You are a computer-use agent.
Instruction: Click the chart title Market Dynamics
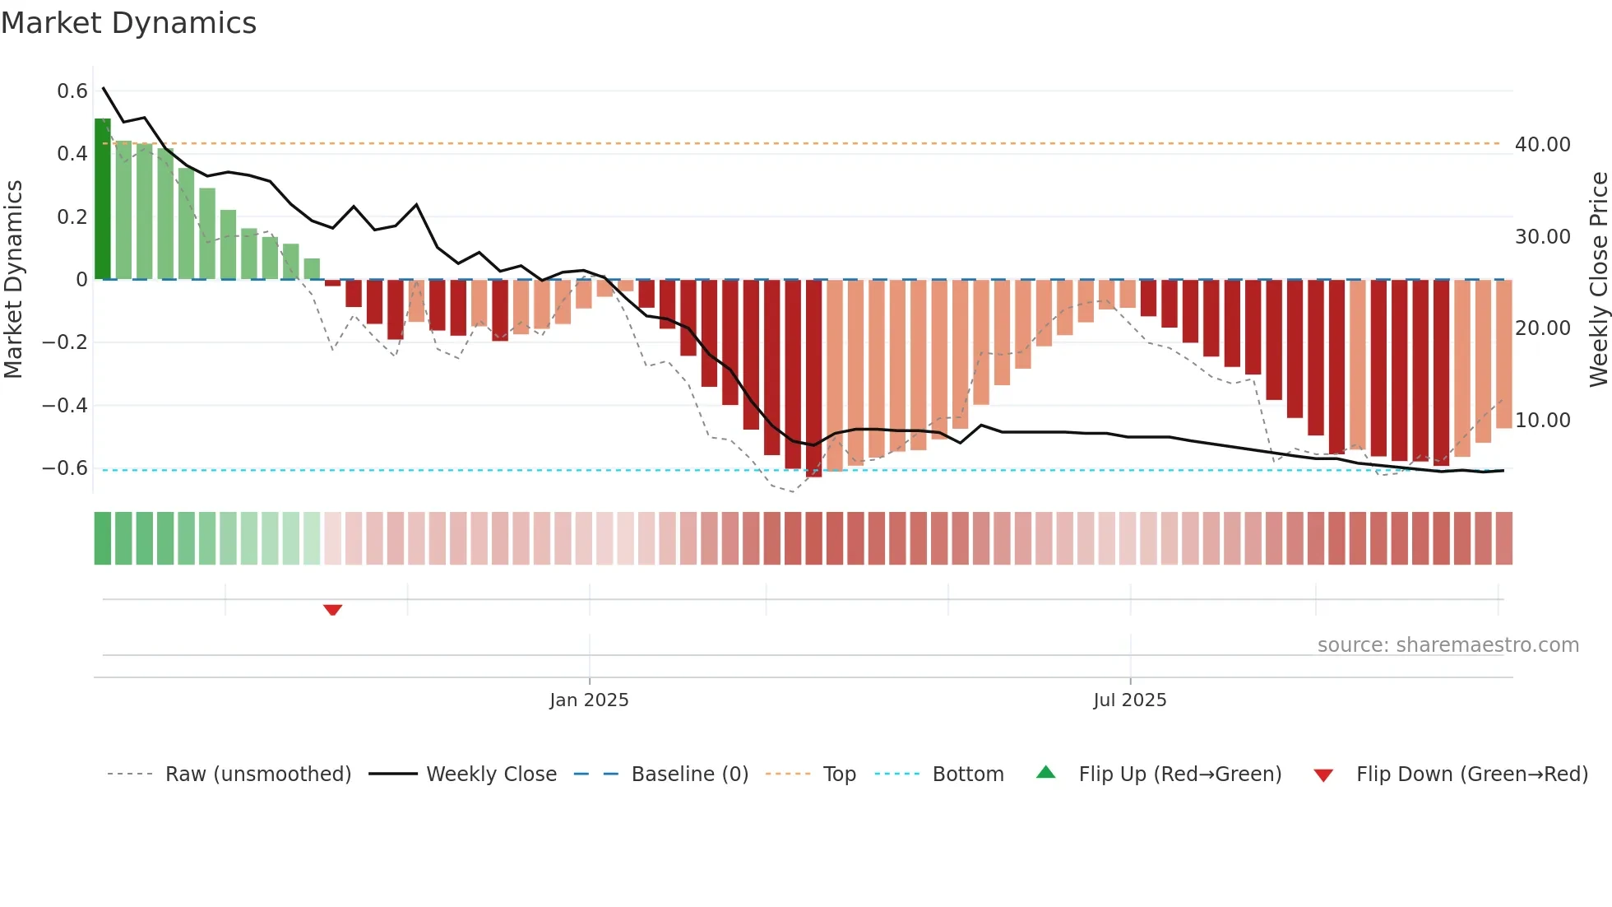(128, 23)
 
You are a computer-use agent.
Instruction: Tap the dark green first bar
(102, 198)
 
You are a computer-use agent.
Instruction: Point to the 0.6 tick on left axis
(72, 91)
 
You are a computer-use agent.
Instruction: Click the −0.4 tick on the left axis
(65, 405)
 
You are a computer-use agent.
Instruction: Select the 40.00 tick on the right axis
(1542, 145)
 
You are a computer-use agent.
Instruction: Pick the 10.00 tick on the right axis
(1542, 421)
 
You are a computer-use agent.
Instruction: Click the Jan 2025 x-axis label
(589, 700)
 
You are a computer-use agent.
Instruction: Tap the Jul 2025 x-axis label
(1129, 700)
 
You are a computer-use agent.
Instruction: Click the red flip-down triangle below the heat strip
(332, 610)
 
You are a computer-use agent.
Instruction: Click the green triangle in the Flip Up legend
(1045, 772)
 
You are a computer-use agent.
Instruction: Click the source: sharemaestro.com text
(1448, 645)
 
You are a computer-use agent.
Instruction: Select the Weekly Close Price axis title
(1598, 280)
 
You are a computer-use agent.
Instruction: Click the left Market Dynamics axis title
(13, 280)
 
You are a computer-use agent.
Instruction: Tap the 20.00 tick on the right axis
(1542, 328)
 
